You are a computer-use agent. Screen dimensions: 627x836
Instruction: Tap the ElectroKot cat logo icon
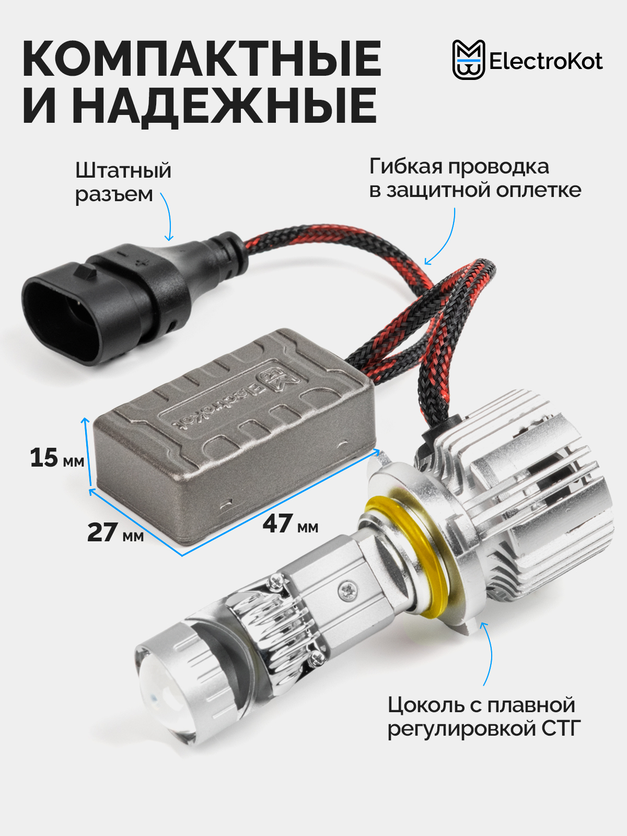click(x=468, y=60)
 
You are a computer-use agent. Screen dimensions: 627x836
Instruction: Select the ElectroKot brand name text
click(x=545, y=61)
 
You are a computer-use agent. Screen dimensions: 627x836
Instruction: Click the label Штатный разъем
click(x=123, y=182)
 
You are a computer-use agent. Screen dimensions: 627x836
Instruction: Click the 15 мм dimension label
click(x=57, y=458)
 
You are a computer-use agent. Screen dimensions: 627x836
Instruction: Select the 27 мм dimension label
click(x=115, y=533)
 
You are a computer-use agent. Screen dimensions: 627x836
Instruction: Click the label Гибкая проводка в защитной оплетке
click(x=475, y=178)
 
